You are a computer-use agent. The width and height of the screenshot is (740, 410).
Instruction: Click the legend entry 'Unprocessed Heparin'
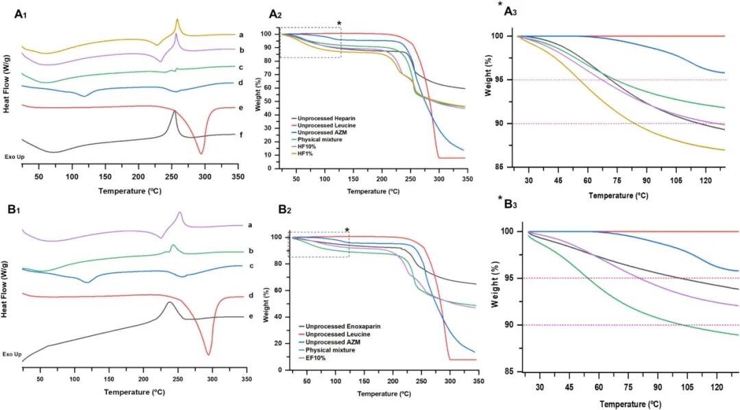(326, 119)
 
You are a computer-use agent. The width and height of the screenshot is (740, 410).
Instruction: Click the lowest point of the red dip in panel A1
(201, 154)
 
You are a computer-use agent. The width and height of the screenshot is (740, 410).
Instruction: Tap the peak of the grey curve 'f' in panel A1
(175, 112)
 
